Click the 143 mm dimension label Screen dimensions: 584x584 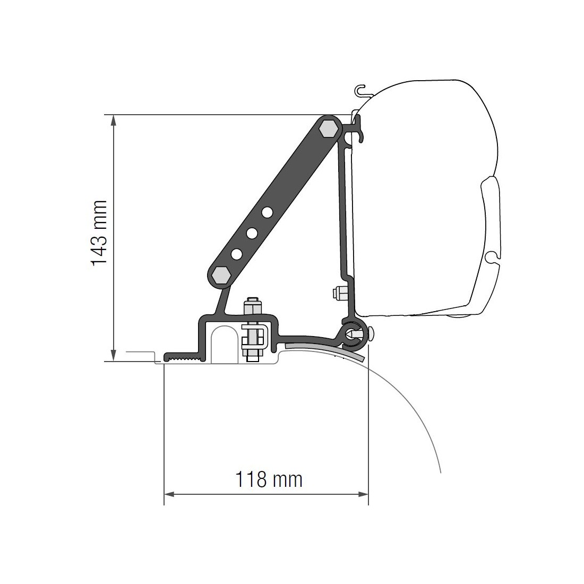pos(99,233)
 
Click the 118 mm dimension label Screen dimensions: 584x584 pos(269,479)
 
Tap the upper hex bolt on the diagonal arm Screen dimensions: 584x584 pos(329,129)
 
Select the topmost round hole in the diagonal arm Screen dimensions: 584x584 pos(267,212)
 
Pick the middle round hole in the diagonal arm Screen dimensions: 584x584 pos(252,233)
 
